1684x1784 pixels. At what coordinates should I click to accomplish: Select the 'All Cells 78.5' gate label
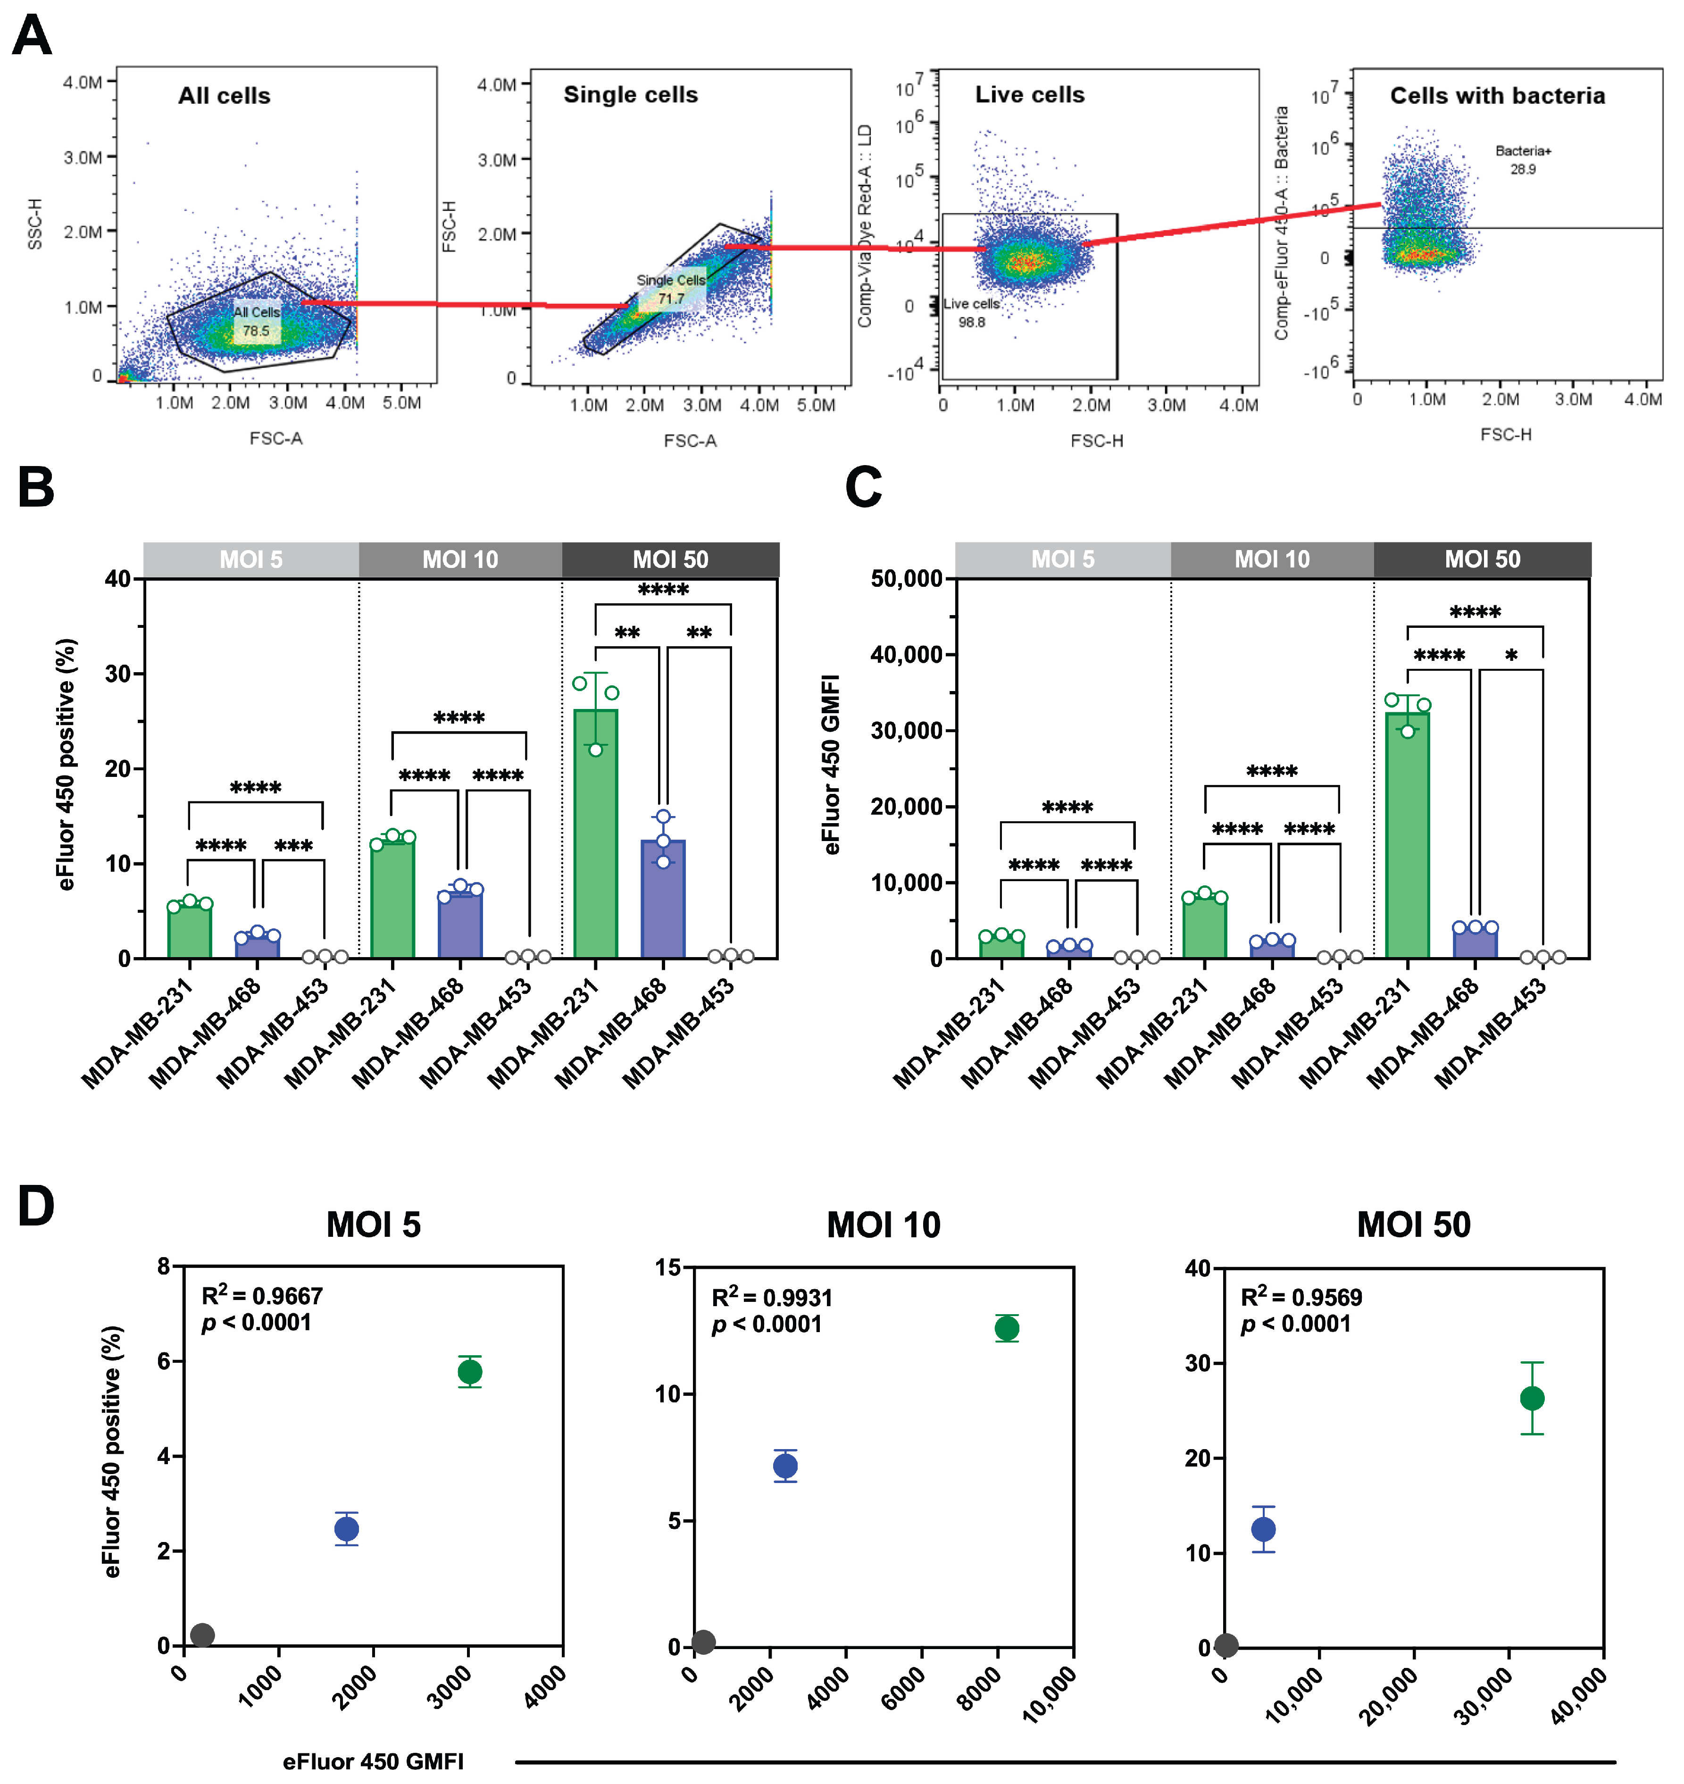coord(257,321)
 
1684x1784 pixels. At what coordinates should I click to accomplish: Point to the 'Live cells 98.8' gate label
coord(971,312)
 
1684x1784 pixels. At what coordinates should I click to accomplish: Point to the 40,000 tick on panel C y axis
coord(907,655)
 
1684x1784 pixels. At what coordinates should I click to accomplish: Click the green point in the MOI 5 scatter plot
coord(469,1372)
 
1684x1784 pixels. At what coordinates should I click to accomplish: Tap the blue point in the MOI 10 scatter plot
coord(785,1466)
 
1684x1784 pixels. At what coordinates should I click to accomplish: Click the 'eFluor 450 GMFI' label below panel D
coord(374,1761)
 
